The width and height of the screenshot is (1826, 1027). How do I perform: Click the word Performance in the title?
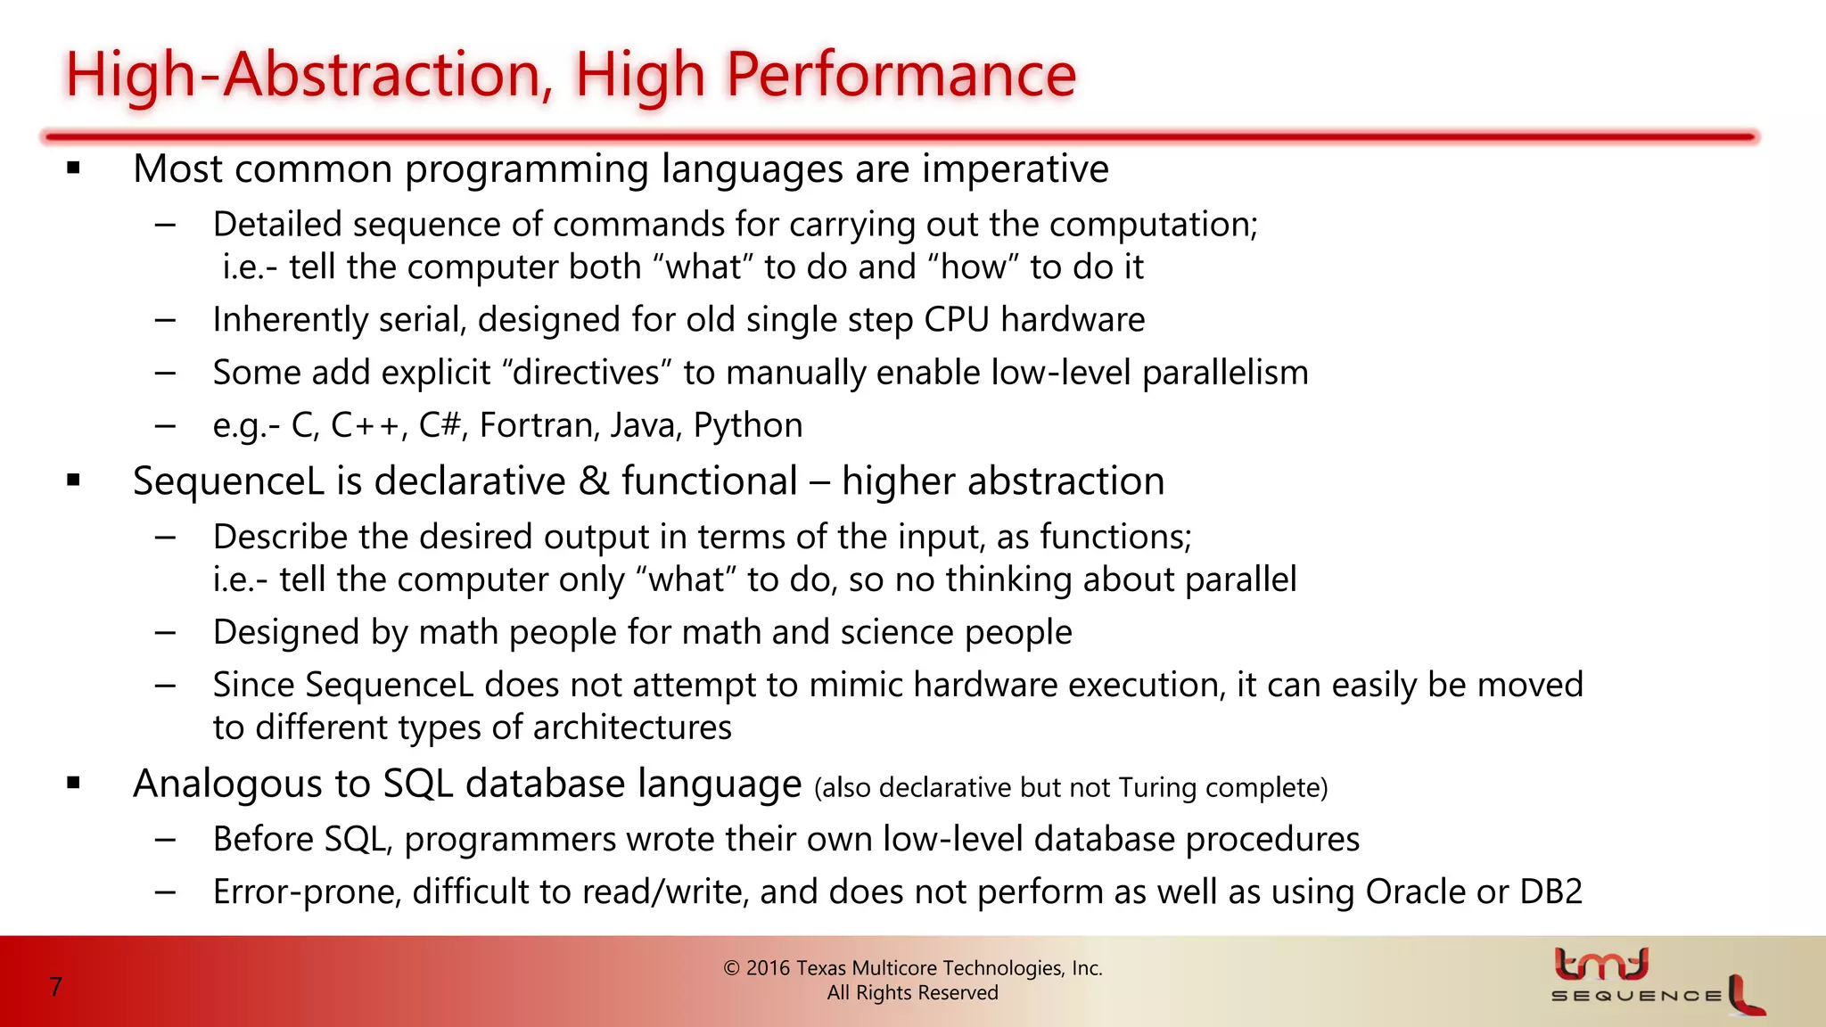tap(901, 75)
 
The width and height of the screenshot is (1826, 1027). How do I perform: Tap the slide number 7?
tap(56, 987)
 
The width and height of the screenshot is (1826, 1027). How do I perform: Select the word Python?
tap(748, 425)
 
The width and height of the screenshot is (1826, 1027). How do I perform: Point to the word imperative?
tap(1015, 169)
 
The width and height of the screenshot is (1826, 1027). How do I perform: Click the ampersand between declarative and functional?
tap(593, 481)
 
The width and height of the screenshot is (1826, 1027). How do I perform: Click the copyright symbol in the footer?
tap(731, 968)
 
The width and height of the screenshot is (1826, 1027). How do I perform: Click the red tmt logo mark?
tap(1601, 964)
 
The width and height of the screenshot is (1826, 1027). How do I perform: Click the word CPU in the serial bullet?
tap(957, 320)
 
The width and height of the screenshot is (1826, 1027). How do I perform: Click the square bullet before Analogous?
tap(74, 784)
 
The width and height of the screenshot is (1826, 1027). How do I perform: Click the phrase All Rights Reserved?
tap(912, 993)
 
